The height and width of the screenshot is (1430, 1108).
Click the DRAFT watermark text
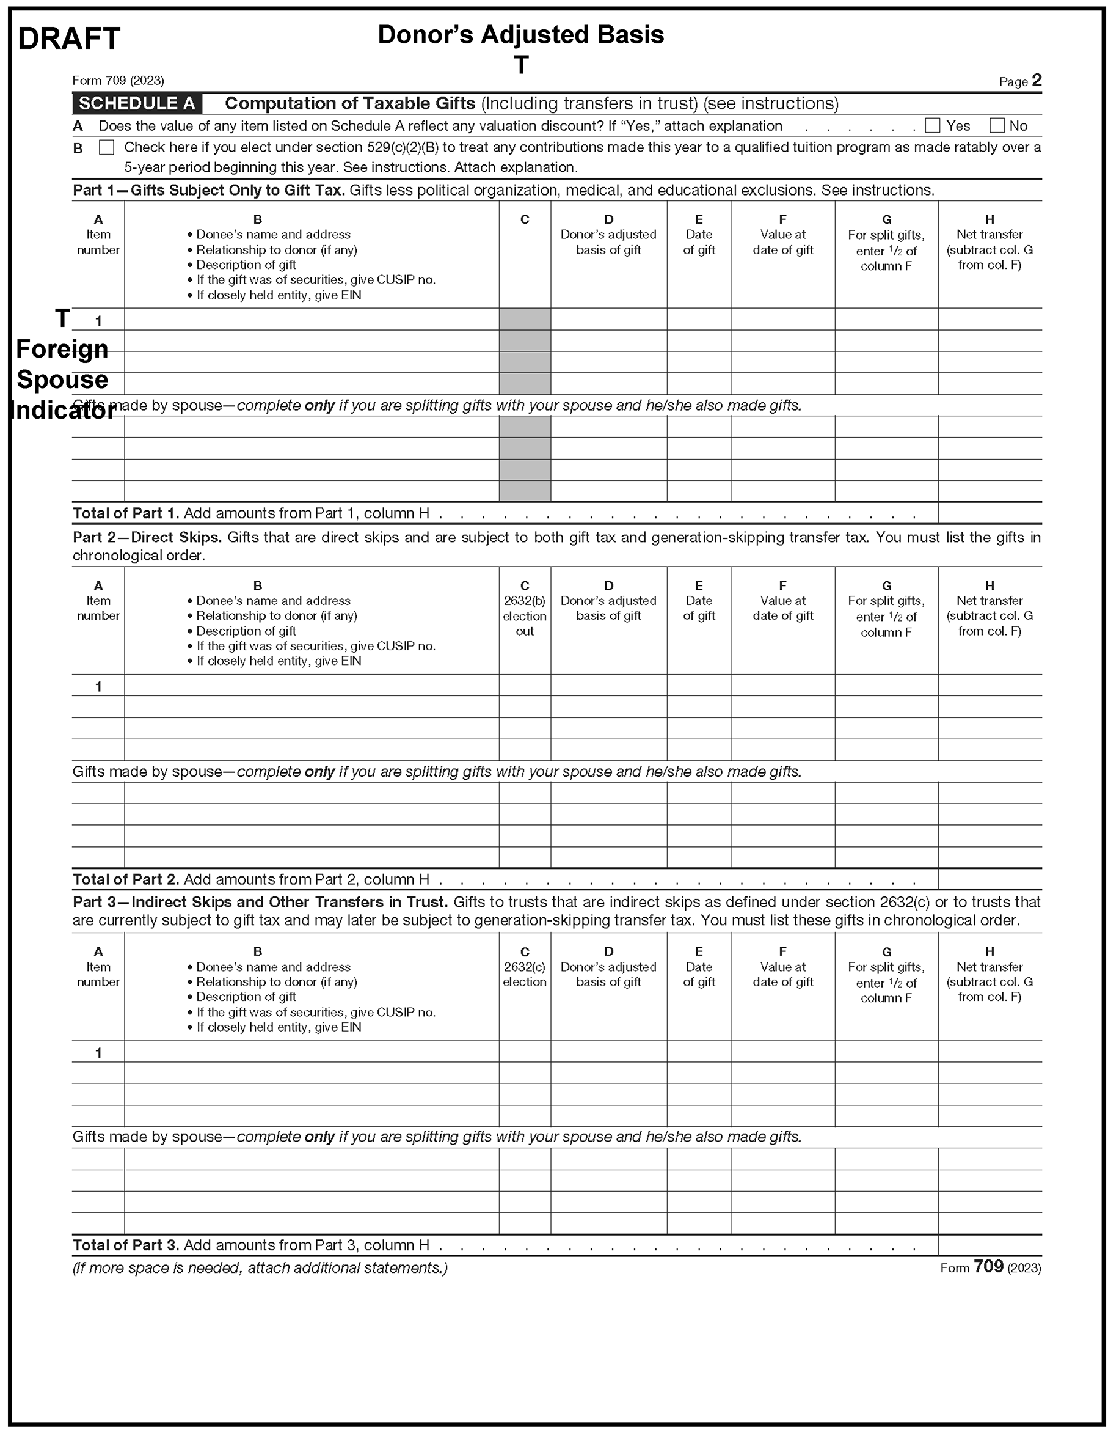pos(69,38)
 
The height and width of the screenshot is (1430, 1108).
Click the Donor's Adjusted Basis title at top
pos(520,35)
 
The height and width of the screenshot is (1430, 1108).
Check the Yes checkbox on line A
pos(933,125)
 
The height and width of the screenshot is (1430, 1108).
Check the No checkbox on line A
pos(997,125)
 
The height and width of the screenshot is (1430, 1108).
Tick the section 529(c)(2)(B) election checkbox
pos(106,147)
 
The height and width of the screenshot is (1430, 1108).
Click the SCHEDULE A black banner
pos(137,103)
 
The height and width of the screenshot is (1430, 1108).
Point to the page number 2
pos(1036,81)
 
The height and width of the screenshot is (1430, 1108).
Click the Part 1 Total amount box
pos(989,513)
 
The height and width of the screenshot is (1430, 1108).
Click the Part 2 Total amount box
pos(989,879)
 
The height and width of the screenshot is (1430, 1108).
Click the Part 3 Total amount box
pos(989,1245)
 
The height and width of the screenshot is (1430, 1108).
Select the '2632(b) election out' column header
pos(524,615)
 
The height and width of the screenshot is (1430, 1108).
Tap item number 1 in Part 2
pos(98,686)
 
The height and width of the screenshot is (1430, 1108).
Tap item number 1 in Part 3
pos(98,1052)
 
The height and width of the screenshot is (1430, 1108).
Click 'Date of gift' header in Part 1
pos(698,241)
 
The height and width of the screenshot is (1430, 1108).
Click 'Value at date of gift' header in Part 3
pos(782,974)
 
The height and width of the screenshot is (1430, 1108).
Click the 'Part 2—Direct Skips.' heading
pos(147,537)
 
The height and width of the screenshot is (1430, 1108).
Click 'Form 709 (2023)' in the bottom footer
pos(990,1267)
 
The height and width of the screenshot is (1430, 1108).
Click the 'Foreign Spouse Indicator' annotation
pos(62,379)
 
